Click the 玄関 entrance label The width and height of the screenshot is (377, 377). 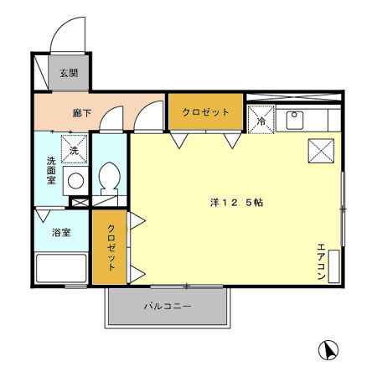(68, 73)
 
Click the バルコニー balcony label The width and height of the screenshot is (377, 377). (167, 307)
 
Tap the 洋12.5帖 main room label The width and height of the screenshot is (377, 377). (236, 202)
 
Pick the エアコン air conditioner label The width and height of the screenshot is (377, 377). (321, 260)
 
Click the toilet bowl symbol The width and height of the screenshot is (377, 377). (108, 177)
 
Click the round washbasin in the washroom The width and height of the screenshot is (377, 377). (75, 179)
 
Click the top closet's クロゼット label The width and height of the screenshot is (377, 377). (205, 111)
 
